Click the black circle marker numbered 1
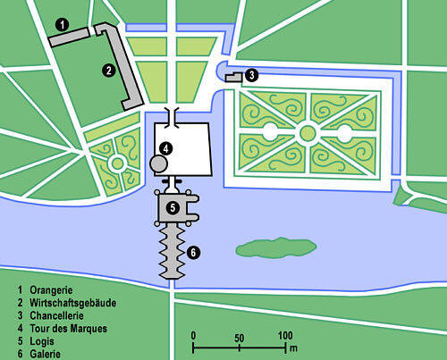[x=63, y=25]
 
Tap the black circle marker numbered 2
[x=108, y=71]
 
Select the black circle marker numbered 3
[x=252, y=75]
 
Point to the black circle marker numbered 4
[x=166, y=148]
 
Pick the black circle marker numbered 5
[x=173, y=207]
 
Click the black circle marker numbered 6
[x=193, y=253]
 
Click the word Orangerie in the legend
[x=51, y=290]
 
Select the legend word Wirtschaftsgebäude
[x=73, y=303]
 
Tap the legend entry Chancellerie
[x=56, y=315]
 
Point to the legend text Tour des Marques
[x=68, y=329]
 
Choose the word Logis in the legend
[x=42, y=341]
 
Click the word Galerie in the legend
[x=45, y=354]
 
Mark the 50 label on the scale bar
[x=239, y=338]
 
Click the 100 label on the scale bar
[x=285, y=336]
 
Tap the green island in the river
[x=276, y=247]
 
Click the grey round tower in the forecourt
[x=158, y=163]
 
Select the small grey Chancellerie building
[x=233, y=77]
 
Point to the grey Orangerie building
[x=69, y=37]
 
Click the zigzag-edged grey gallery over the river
[x=173, y=252]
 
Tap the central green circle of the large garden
[x=308, y=133]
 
